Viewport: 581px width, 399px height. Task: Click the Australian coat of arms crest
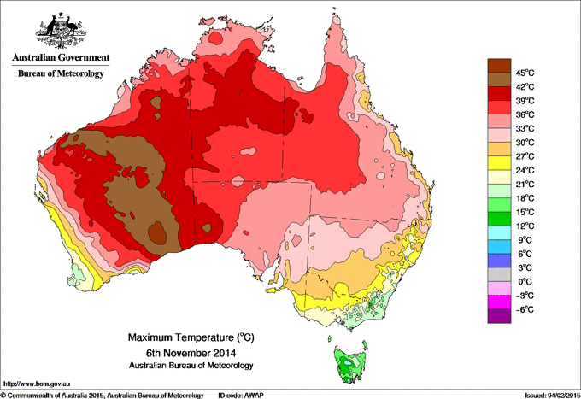tap(60, 31)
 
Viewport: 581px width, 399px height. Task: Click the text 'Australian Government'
tap(60, 58)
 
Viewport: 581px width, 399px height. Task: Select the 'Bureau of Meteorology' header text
tap(60, 74)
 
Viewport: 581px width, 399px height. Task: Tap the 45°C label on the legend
tap(524, 73)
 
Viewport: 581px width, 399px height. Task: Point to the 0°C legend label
tap(524, 281)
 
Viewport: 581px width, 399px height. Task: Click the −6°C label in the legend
tap(524, 309)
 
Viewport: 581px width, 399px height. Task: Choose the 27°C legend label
tap(524, 156)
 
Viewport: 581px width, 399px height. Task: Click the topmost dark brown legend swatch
tap(498, 65)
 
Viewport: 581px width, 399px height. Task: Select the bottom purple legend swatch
tap(498, 316)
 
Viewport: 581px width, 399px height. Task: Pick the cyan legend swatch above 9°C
tap(498, 232)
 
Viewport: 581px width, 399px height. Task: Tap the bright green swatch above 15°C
tap(498, 205)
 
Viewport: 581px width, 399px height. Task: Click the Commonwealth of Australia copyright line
tap(103, 395)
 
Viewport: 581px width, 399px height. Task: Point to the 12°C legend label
tap(524, 226)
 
